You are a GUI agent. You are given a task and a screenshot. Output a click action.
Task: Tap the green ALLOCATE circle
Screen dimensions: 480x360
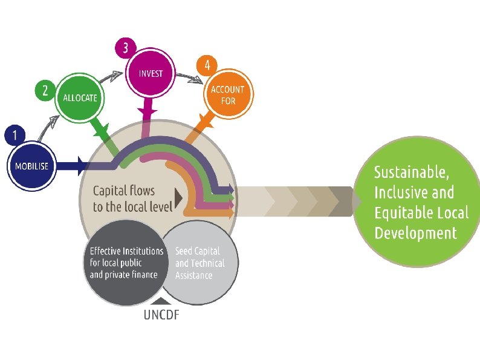coord(79,97)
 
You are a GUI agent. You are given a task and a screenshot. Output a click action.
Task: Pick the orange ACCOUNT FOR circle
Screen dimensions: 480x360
coord(228,93)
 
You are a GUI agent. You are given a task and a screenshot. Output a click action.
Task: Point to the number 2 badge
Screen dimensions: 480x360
coord(45,91)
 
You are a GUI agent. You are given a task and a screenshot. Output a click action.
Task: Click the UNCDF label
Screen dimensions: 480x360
coord(161,315)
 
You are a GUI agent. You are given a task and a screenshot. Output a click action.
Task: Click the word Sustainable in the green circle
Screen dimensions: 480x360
coord(411,172)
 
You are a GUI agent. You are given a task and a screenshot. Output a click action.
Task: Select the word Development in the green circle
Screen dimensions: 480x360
coord(415,233)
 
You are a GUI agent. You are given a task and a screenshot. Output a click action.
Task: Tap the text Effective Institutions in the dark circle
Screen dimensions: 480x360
coord(126,250)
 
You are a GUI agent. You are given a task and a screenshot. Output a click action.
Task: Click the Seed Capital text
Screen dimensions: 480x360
coord(198,250)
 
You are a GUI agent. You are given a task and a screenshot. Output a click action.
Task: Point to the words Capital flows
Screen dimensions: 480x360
coord(119,191)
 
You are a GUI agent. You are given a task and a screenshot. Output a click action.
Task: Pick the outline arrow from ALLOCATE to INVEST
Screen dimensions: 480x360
coord(111,77)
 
